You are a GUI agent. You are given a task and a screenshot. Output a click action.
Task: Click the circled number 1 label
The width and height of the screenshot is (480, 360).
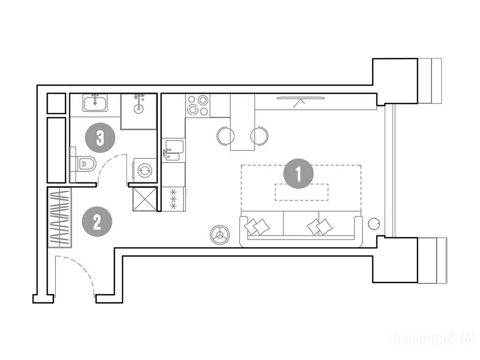[299, 174]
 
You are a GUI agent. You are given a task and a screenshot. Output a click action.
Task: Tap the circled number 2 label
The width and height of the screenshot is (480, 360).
[97, 222]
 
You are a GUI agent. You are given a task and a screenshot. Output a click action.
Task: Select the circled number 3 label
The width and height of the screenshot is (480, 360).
[100, 138]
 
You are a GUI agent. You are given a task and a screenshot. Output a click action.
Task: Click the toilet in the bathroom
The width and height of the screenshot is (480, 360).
[83, 165]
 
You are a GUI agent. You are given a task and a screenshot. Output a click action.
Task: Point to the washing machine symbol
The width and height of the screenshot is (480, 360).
[144, 170]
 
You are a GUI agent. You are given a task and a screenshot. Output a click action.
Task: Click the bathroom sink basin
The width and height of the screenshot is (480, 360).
[95, 103]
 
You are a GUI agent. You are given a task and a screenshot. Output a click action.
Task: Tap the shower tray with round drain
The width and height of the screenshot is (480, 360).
[139, 112]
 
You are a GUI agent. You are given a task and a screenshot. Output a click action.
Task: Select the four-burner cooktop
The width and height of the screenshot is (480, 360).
[197, 105]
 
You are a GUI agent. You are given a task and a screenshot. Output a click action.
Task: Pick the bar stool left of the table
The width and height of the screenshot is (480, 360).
[225, 135]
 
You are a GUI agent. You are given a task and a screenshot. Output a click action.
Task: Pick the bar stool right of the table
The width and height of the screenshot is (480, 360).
[259, 135]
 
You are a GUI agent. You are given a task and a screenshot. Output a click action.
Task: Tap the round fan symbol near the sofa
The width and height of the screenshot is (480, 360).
[219, 235]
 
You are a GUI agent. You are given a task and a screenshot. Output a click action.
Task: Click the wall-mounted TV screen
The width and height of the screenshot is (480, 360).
[300, 98]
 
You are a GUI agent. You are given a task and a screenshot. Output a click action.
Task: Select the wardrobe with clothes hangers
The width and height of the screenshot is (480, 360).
[60, 217]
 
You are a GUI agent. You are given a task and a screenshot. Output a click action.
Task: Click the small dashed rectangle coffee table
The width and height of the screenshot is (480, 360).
[301, 192]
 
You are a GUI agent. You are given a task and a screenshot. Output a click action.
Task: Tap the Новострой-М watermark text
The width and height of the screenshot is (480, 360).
[433, 339]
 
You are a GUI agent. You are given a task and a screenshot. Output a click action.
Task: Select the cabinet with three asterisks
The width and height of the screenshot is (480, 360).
[173, 199]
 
